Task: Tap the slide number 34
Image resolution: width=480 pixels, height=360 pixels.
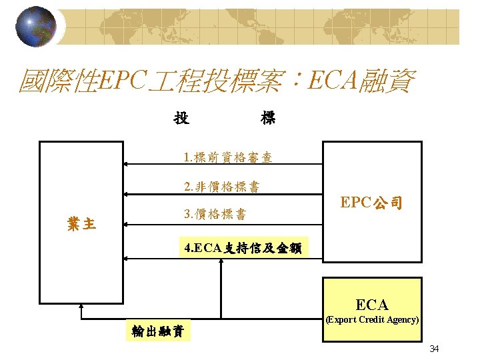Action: click(x=434, y=349)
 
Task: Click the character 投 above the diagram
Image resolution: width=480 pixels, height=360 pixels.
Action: click(x=181, y=119)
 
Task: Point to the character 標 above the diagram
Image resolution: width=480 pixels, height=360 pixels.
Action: click(x=268, y=119)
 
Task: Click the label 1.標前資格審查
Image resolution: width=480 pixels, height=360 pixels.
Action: click(x=227, y=159)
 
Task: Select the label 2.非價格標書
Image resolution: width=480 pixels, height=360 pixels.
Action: click(x=222, y=187)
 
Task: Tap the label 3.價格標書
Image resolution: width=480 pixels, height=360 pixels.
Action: click(x=214, y=215)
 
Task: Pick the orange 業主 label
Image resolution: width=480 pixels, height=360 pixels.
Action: click(x=81, y=224)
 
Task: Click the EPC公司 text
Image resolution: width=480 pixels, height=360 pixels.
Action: click(x=371, y=203)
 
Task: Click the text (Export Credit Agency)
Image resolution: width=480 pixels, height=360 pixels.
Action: click(x=372, y=320)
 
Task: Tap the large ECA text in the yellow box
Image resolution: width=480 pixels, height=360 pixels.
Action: click(x=372, y=305)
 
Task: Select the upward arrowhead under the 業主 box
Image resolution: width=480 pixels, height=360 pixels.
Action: click(x=81, y=307)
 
